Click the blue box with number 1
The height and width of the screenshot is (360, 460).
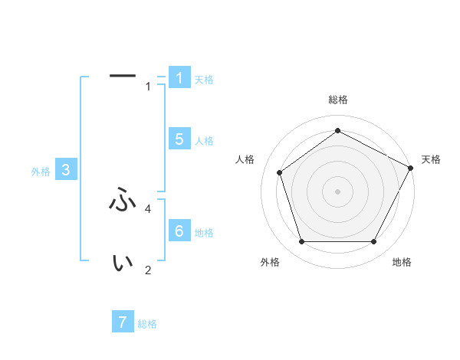[179, 77]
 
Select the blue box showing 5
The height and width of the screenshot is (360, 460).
[179, 139]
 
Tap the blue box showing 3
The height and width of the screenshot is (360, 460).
[66, 170]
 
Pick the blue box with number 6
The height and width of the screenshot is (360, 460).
[179, 231]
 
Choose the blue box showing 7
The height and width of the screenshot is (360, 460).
[123, 322]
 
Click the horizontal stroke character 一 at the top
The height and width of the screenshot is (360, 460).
[123, 75]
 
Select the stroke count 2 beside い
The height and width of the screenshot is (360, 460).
[148, 270]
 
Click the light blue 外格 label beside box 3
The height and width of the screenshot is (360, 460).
[41, 172]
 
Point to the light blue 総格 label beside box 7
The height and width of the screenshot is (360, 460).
[147, 324]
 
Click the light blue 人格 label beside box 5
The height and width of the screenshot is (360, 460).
[204, 141]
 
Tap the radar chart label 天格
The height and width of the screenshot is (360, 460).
[431, 159]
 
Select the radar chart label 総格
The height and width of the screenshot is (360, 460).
[337, 100]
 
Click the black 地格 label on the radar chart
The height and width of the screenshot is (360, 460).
[402, 262]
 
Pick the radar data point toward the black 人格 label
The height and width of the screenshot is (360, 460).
[280, 172]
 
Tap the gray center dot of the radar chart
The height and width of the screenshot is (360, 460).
[337, 191]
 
